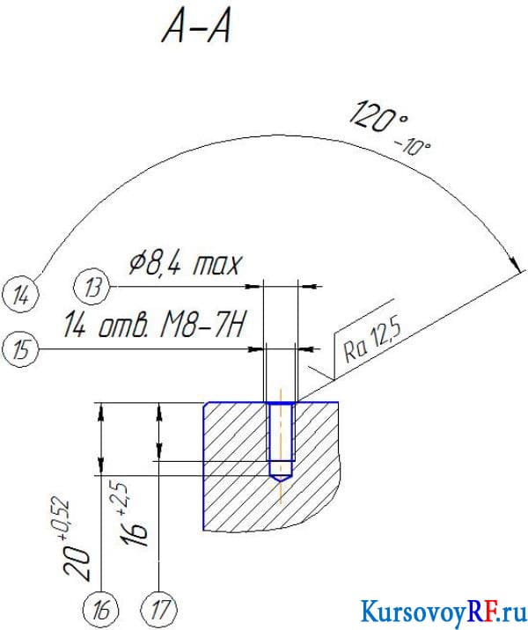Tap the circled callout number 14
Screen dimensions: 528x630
pos(20,297)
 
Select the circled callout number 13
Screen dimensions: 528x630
pos(92,287)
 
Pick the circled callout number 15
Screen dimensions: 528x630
pos(20,349)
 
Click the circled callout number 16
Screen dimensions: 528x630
pos(101,610)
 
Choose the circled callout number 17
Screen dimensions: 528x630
pos(159,610)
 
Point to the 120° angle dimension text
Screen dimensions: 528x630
pos(378,118)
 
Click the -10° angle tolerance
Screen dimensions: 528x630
pos(413,147)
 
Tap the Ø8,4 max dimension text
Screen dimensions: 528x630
pos(186,264)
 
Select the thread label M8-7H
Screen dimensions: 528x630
pos(202,326)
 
